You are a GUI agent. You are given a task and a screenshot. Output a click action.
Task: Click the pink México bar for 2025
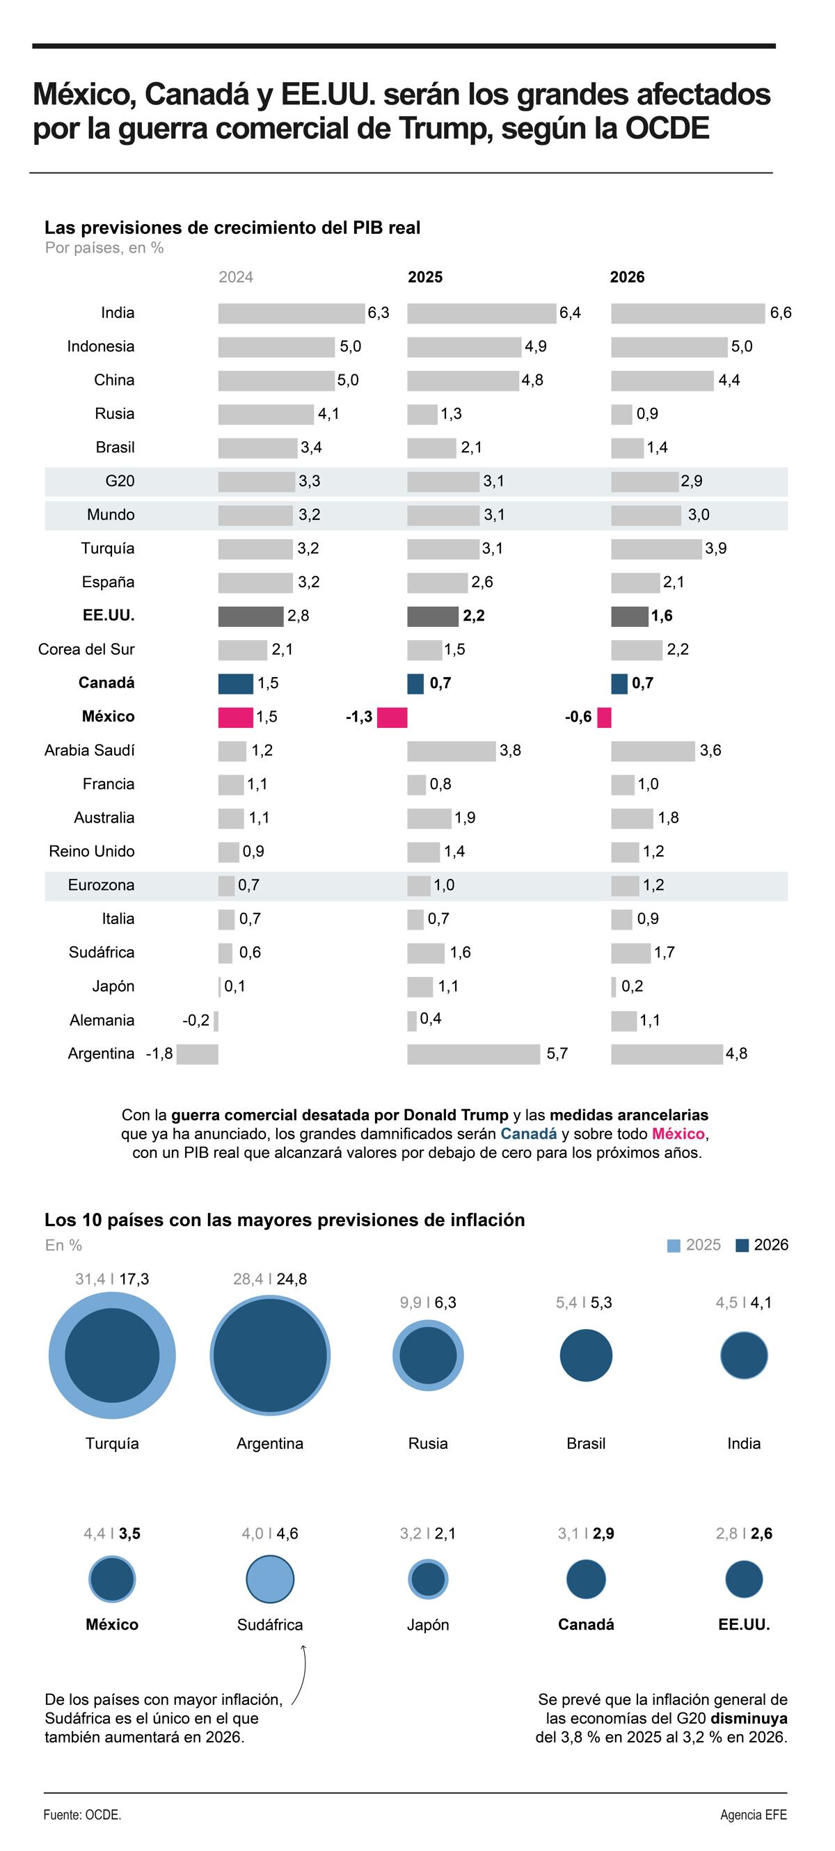point(392,717)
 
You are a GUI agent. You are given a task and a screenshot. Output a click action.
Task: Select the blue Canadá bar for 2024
point(235,683)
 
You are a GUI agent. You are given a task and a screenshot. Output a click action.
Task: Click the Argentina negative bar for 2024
point(197,1054)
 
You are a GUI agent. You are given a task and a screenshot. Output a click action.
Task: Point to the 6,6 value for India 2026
point(781,313)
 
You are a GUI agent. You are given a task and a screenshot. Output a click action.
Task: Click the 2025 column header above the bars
point(424,278)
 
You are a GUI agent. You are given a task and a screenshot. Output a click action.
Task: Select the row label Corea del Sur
point(86,649)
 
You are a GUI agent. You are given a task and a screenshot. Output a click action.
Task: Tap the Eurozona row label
point(101,885)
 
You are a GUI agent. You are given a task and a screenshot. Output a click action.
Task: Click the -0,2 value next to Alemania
point(196,1020)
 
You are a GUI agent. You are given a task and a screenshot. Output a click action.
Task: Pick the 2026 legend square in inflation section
point(742,1246)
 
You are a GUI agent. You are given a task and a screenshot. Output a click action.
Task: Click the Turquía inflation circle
point(112,1356)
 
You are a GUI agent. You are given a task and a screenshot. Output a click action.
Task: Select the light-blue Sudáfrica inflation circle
point(269,1579)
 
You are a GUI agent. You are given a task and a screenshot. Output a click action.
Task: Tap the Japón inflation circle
point(427,1580)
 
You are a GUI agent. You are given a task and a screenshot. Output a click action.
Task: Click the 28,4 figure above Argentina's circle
point(248,1279)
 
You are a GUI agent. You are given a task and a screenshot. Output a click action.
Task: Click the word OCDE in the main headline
point(667,129)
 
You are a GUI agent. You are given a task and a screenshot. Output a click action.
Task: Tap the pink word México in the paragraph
point(678,1134)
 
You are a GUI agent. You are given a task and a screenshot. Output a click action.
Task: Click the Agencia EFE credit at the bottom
point(753,1815)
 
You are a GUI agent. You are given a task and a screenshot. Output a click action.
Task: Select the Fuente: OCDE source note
point(82,1815)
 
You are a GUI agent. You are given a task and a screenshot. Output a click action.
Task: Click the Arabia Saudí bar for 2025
point(452,751)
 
